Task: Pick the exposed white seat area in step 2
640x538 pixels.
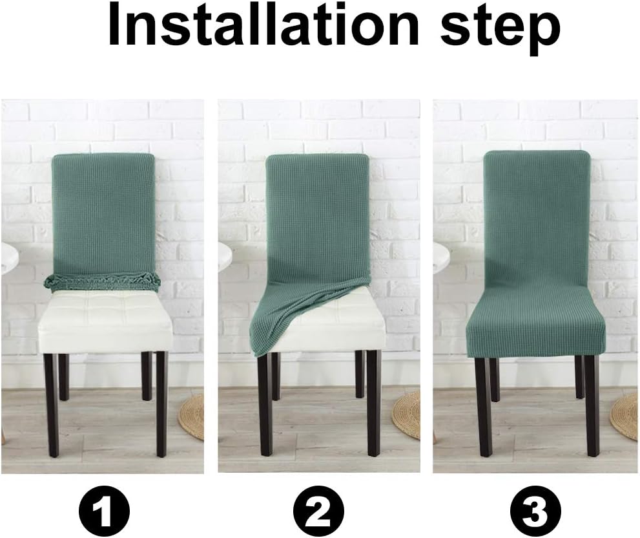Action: (336, 317)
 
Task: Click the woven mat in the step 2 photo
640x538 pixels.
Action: (408, 414)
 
